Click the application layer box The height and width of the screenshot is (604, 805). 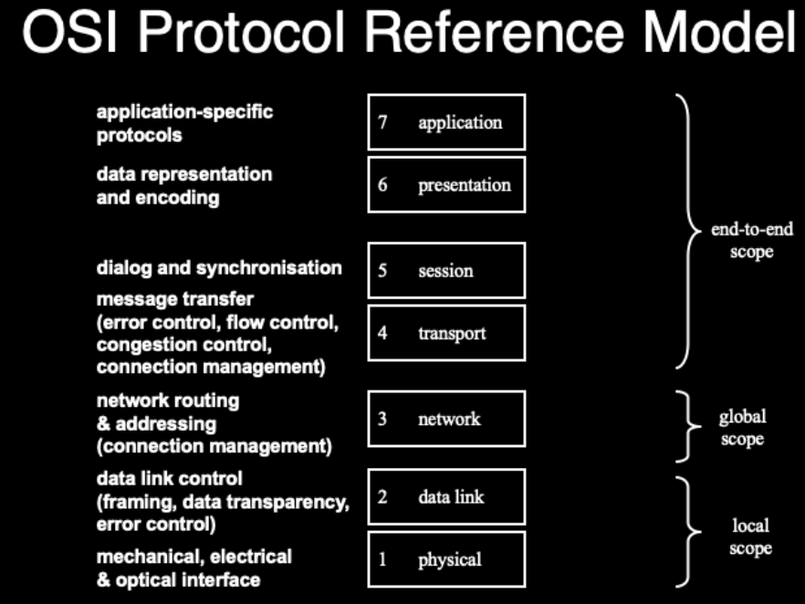pos(446,122)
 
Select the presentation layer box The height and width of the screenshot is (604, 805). pos(446,185)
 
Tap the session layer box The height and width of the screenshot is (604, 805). pos(446,271)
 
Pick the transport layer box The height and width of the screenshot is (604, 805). pos(446,333)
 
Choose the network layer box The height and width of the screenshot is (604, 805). pos(446,419)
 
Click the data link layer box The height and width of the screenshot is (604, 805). pos(446,497)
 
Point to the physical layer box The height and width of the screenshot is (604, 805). pos(446,559)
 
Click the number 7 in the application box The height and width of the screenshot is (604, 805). pos(383,122)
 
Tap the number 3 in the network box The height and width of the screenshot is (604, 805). pos(382,419)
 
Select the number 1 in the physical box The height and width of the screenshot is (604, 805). pos(382,559)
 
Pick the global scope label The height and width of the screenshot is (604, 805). pos(742,428)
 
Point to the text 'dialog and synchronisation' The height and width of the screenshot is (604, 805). pos(219,268)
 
